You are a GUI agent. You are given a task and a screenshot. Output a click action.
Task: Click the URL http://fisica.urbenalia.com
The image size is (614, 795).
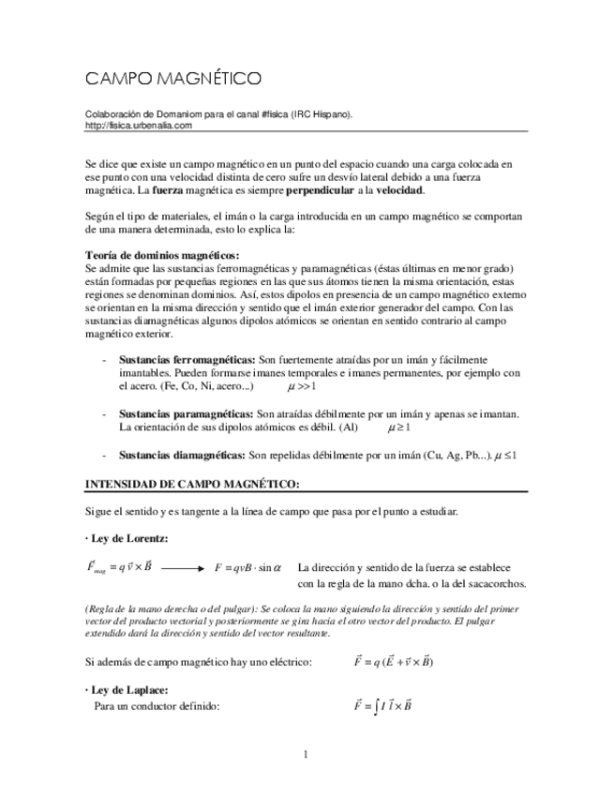click(138, 125)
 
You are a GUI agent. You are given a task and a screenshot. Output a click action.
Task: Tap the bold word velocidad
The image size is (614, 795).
click(400, 190)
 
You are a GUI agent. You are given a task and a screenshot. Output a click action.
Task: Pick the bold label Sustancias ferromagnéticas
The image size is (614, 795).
click(187, 360)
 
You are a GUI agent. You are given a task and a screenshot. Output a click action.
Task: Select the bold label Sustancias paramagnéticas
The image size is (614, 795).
click(186, 413)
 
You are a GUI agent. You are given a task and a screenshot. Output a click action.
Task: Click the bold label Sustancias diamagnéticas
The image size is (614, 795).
click(182, 455)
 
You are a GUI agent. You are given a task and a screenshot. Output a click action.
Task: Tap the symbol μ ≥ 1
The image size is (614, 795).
click(399, 427)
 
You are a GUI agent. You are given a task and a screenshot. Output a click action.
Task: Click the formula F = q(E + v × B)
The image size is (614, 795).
click(393, 661)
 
